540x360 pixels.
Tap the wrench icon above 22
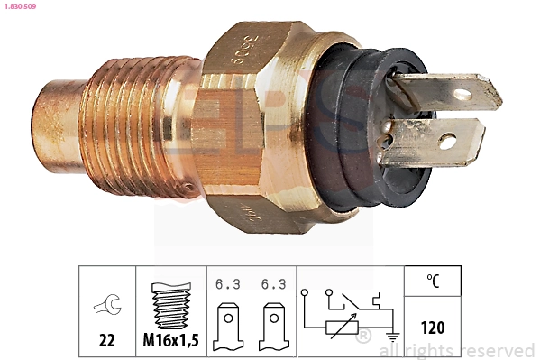tap(107, 308)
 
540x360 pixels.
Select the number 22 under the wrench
tap(107, 340)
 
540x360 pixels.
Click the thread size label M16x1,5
tap(171, 340)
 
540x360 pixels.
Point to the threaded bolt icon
tap(171, 306)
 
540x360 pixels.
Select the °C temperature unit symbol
tap(434, 281)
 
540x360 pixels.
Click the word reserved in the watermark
tap(497, 350)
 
